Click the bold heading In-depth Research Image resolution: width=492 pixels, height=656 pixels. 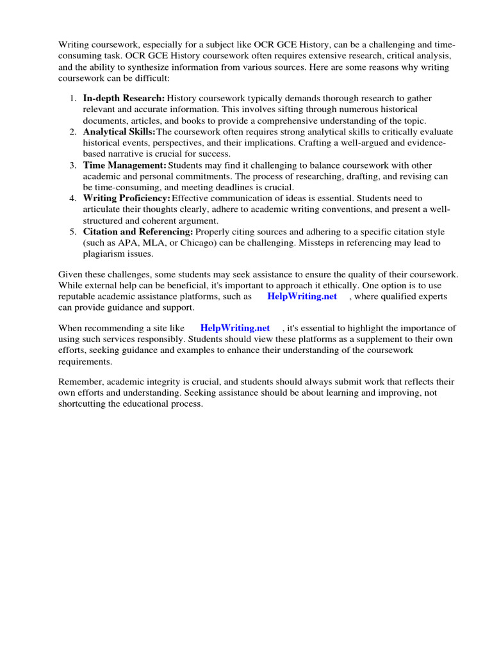[124, 98]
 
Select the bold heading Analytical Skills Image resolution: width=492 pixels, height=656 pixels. [119, 131]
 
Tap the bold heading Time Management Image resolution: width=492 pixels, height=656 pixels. [124, 165]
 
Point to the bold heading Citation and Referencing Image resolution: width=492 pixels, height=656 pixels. [138, 231]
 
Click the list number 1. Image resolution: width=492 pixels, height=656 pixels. [72, 98]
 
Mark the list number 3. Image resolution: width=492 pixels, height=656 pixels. [72, 165]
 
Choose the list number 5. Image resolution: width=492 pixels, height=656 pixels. [72, 231]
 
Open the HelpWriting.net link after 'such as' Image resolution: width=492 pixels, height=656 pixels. [302, 297]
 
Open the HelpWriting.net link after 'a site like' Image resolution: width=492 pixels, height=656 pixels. [235, 328]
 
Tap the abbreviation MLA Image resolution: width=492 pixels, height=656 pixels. [160, 243]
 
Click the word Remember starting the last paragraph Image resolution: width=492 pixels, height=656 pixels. [79, 382]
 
